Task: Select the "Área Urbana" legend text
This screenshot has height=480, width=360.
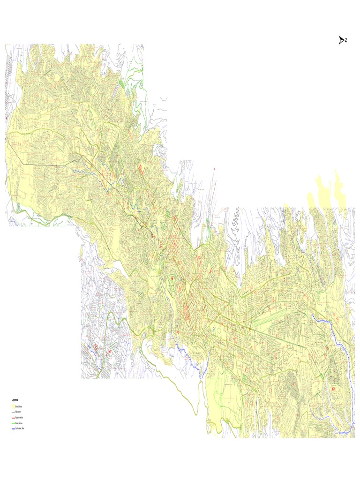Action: tap(19, 407)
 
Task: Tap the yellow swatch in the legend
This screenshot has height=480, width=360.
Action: tap(13, 407)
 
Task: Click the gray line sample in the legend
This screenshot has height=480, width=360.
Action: tap(13, 412)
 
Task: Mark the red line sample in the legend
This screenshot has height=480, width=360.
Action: tap(13, 418)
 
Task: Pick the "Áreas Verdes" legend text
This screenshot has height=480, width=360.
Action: tap(19, 423)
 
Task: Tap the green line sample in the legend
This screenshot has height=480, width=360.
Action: tap(13, 423)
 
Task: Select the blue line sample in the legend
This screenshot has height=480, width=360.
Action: tap(13, 428)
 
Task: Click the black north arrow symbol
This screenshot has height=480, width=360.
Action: tap(341, 40)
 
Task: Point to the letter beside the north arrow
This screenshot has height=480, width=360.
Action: tap(346, 40)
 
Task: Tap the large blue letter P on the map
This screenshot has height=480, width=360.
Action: tap(213, 330)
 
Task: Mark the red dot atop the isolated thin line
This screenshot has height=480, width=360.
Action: tap(214, 168)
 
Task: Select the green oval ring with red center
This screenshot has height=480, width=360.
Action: tap(172, 279)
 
